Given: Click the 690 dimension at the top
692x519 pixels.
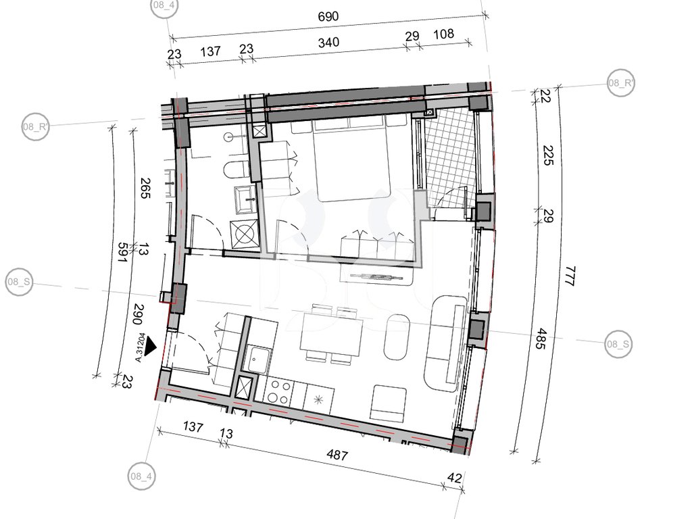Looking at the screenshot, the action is coord(328,17).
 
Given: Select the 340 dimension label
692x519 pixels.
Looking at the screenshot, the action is coord(329,43).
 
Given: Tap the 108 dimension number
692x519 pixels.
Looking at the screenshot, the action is coord(443,34).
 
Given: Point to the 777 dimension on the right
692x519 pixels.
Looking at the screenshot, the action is coord(570,276).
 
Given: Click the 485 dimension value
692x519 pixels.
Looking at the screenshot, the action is coord(541,339).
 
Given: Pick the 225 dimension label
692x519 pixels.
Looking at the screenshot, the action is coord(547,155).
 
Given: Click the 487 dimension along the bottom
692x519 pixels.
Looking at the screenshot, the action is coord(337,455).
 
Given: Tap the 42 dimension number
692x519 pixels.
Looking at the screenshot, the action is coord(454,478).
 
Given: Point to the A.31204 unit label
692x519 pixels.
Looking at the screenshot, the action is coord(140,347).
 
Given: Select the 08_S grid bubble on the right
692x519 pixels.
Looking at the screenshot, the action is coord(618,344).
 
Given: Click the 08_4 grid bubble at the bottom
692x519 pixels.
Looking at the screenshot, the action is coord(141,476).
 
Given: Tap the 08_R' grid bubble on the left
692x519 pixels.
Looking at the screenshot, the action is coord(35,126).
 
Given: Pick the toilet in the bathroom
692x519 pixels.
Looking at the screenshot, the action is coord(237,170).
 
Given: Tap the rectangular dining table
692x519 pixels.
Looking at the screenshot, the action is coord(331,334).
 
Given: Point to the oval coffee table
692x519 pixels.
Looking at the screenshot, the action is coord(397,337).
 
